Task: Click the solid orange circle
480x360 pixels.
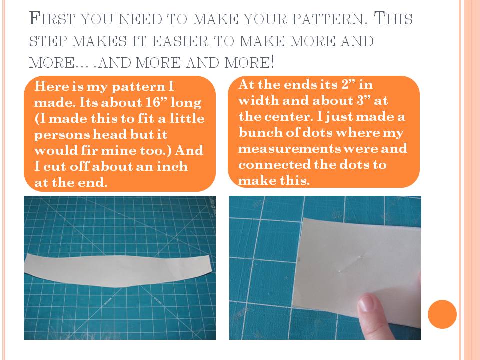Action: click(x=442, y=314)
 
